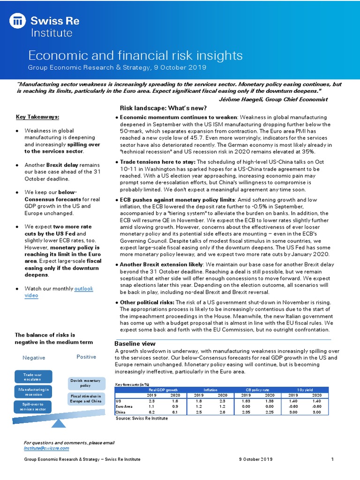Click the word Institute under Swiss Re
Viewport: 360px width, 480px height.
(x=52, y=33)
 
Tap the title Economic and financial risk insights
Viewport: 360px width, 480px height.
(x=135, y=55)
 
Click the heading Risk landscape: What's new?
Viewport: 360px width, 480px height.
(x=163, y=108)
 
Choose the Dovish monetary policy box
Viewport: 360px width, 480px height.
(x=85, y=383)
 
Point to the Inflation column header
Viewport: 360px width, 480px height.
(x=210, y=390)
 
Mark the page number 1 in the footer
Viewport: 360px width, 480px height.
(x=332, y=459)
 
